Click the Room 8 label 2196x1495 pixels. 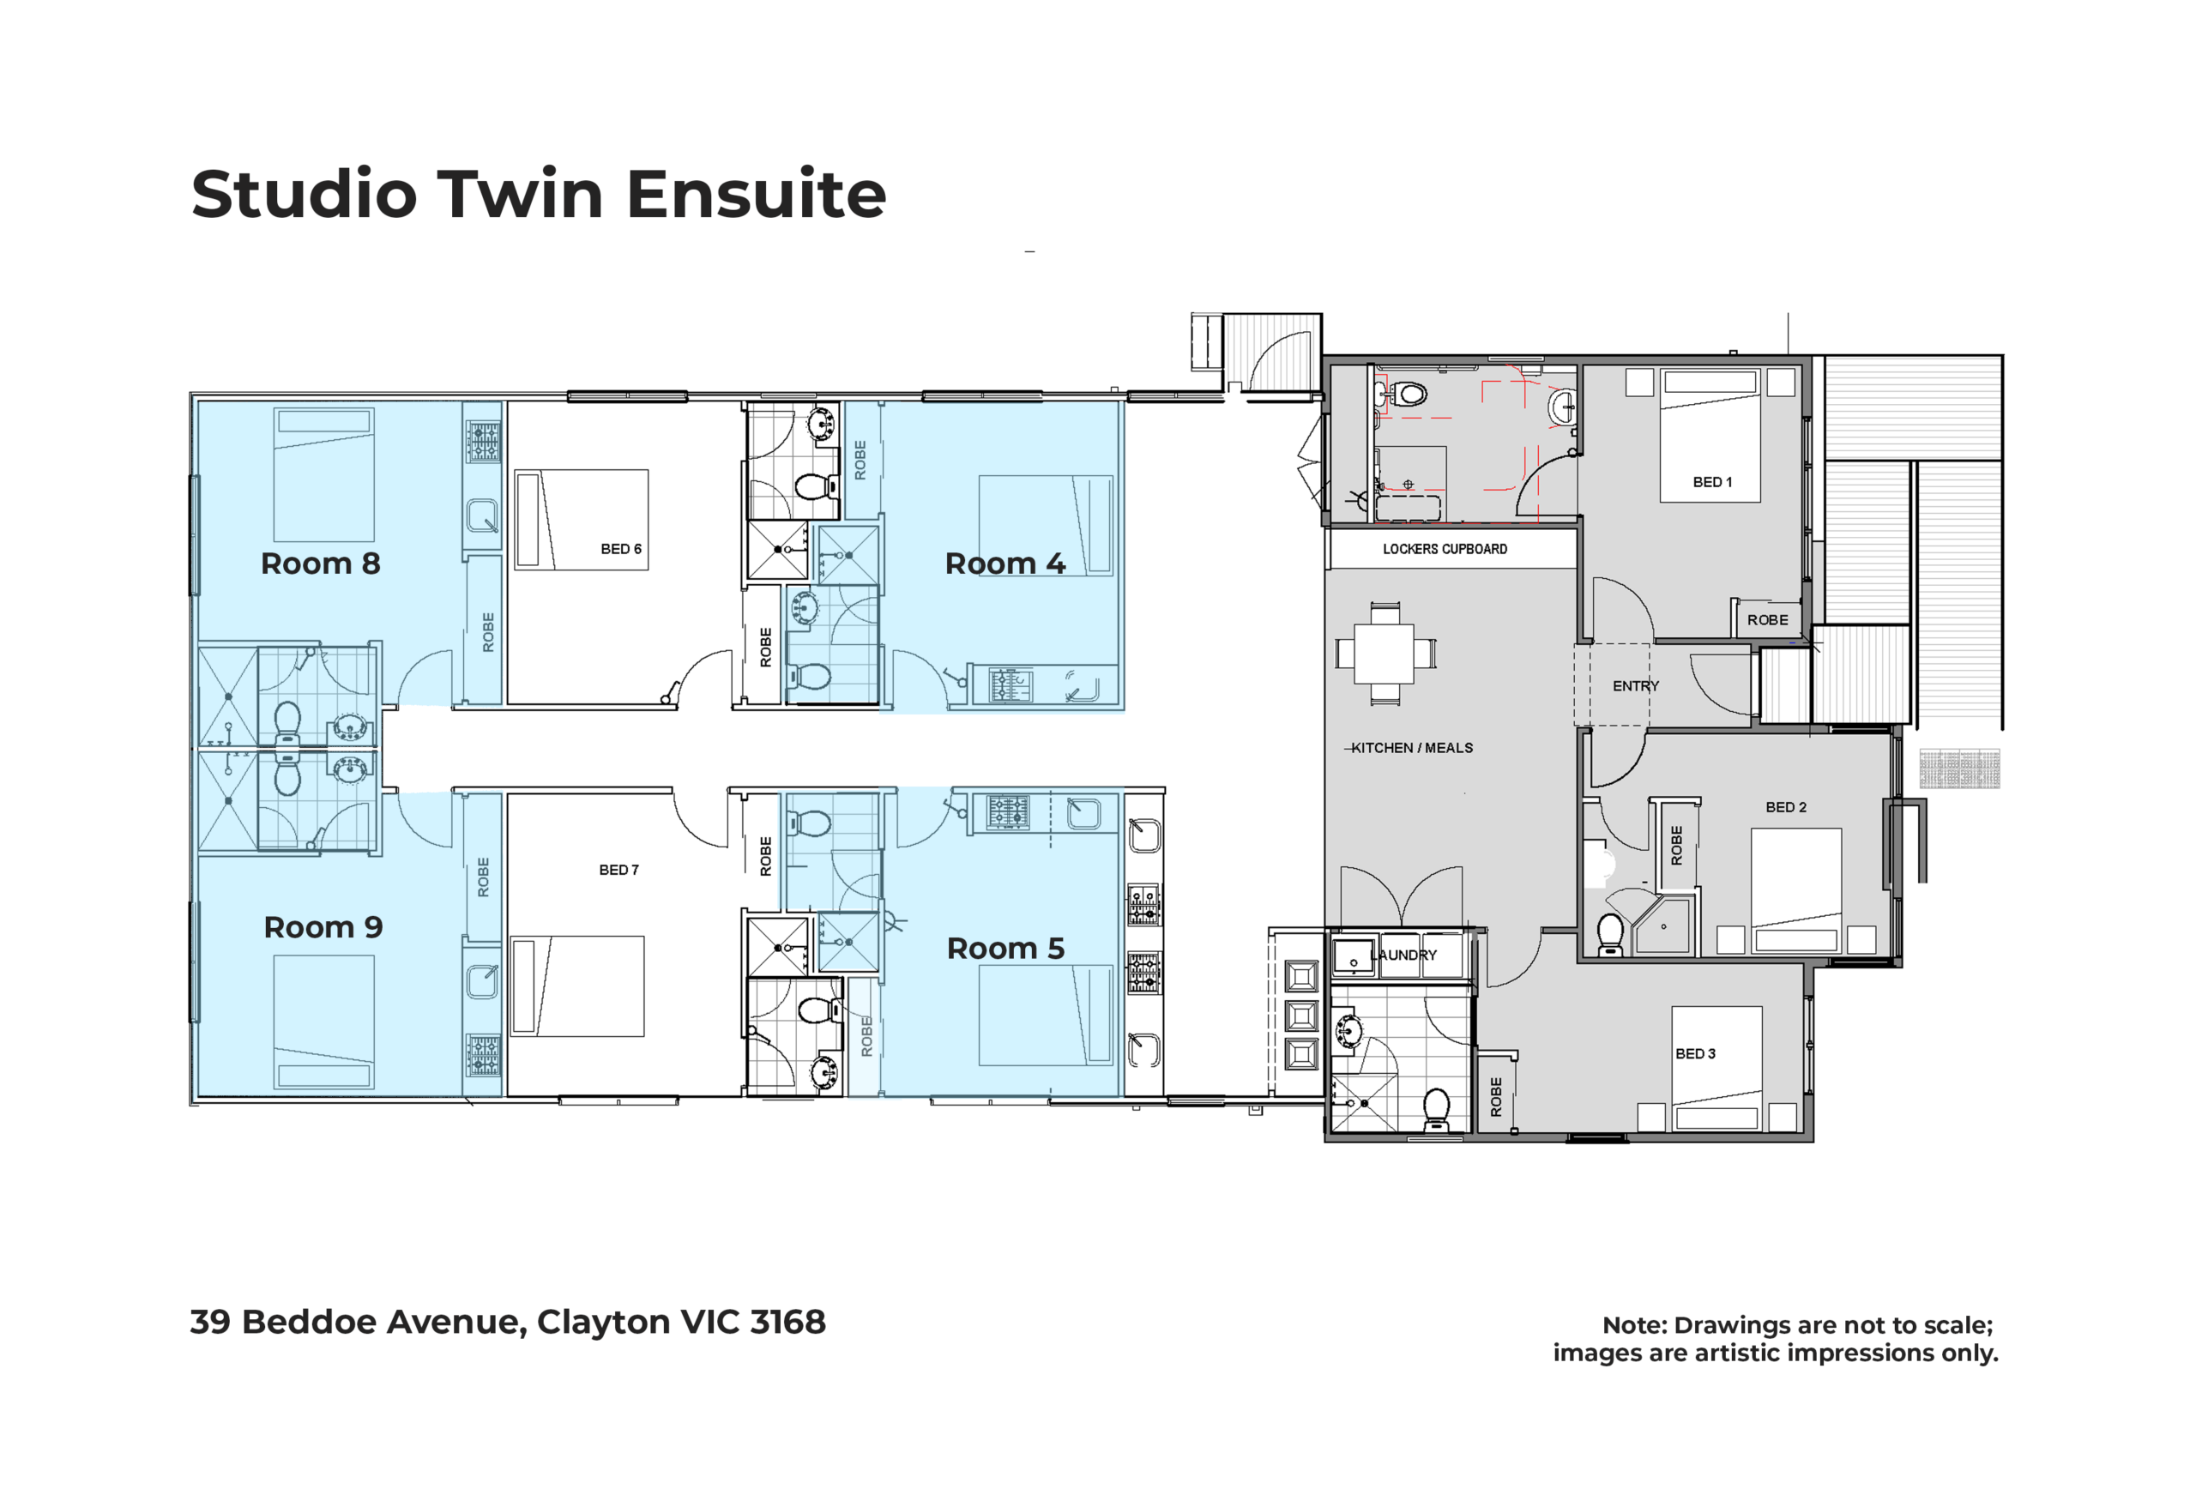click(320, 564)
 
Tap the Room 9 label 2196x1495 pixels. click(323, 927)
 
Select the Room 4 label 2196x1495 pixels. click(1005, 564)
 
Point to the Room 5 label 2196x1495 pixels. click(1005, 948)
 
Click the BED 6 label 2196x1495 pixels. click(621, 549)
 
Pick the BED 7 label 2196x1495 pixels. click(619, 870)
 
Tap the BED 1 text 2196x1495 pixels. click(1712, 482)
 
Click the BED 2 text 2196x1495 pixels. click(1786, 807)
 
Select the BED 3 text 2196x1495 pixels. click(1695, 1053)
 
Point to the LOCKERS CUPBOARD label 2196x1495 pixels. click(1445, 549)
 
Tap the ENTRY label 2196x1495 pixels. click(1636, 686)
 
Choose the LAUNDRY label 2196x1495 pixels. click(1404, 955)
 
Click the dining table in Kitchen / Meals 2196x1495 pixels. click(1385, 653)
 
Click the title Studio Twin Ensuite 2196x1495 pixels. click(539, 194)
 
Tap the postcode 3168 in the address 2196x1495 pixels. click(788, 1321)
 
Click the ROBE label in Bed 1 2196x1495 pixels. click(1767, 620)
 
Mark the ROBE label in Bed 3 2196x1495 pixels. click(1496, 1096)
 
